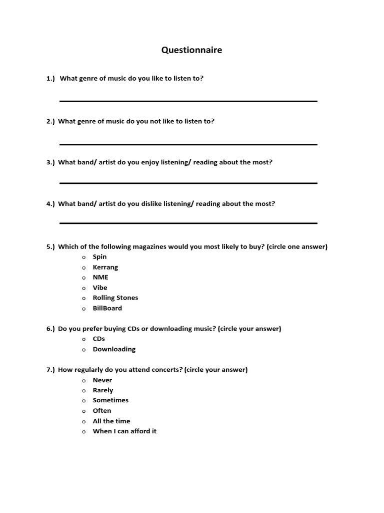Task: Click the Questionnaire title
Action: pos(191,50)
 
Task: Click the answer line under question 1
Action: pos(188,101)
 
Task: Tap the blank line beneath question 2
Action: pos(188,144)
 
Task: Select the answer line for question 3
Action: pos(188,183)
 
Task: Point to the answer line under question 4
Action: pos(188,223)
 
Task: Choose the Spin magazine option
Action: pos(99,257)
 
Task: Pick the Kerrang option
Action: pos(105,267)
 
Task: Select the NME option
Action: pos(100,277)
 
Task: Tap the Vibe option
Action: pos(100,288)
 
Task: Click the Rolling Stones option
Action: pos(115,298)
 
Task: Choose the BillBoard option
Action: pos(107,308)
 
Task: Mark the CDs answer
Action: pos(98,339)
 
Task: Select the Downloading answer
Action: pos(114,349)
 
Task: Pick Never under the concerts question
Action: pos(102,380)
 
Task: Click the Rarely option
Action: pos(102,390)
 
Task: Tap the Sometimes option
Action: pos(110,400)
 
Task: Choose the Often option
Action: pos(102,411)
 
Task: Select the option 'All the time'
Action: pos(111,421)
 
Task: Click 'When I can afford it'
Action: pos(124,431)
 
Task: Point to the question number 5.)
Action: pos(50,247)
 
